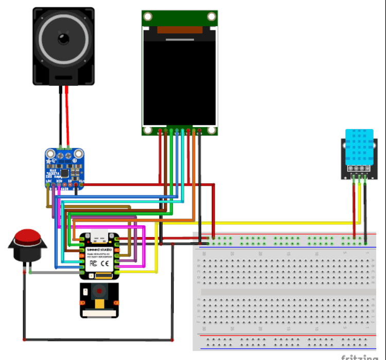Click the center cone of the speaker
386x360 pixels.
(64, 39)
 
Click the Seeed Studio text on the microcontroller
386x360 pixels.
(98, 249)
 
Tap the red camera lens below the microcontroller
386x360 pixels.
(98, 294)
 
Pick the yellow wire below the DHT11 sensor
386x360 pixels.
(359, 203)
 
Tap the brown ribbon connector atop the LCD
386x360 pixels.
(180, 30)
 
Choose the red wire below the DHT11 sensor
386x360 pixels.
(354, 206)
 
